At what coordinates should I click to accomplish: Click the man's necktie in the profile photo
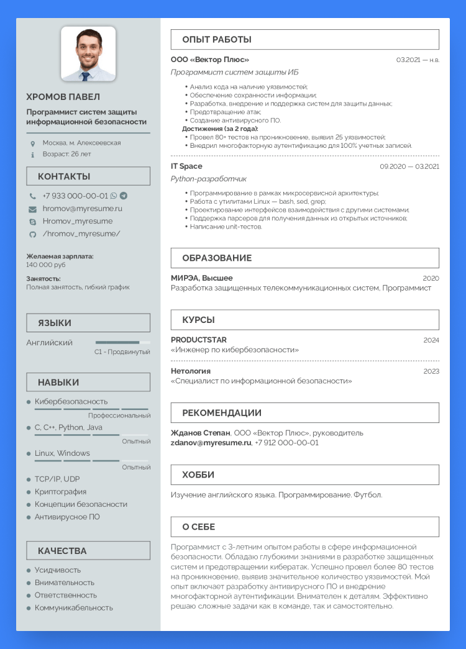[x=86, y=76]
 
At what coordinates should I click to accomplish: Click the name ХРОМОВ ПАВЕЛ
[x=63, y=97]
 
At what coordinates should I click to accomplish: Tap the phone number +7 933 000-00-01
[x=75, y=196]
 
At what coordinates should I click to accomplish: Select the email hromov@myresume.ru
[x=82, y=209]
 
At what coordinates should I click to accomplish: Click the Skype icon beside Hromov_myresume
[x=33, y=222]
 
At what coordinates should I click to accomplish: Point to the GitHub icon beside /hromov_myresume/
[x=33, y=234]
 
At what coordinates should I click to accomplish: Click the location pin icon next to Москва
[x=33, y=143]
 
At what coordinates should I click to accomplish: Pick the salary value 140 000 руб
[x=46, y=265]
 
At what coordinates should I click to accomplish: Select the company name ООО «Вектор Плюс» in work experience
[x=210, y=60]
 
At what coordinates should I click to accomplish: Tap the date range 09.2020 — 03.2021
[x=409, y=166]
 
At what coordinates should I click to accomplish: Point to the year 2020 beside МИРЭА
[x=431, y=278]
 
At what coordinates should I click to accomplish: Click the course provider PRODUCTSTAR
[x=199, y=340]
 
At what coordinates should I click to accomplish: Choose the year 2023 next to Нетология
[x=431, y=371]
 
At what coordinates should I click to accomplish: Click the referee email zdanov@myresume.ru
[x=211, y=443]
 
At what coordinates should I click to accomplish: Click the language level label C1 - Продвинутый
[x=122, y=352]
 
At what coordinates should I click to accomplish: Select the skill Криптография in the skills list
[x=60, y=491]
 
